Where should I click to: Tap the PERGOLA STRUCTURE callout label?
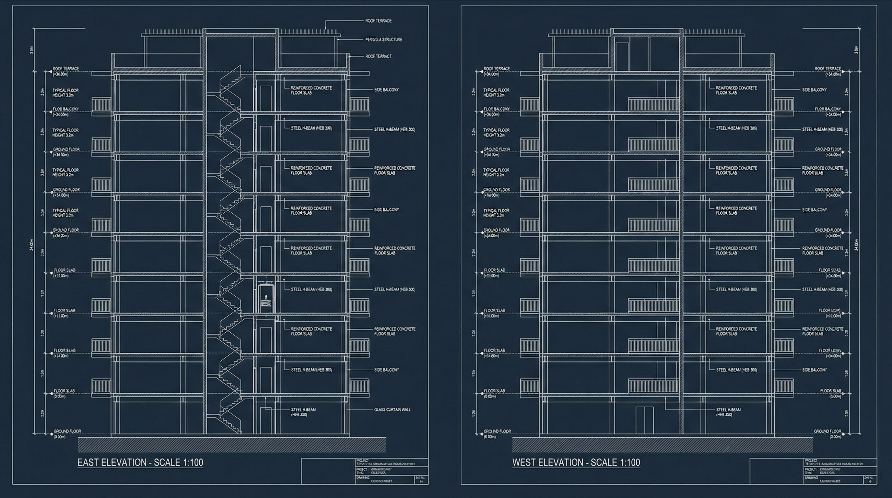[x=384, y=40]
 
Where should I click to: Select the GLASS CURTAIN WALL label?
[x=392, y=410]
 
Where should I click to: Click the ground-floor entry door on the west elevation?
[x=644, y=420]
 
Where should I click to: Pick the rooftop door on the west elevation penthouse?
[x=622, y=57]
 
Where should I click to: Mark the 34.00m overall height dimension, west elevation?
[x=856, y=245]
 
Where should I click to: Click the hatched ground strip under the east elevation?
[x=232, y=445]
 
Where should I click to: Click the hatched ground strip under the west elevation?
[x=663, y=445]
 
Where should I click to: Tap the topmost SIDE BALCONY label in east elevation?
[x=386, y=90]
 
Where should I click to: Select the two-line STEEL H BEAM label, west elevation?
[x=728, y=412]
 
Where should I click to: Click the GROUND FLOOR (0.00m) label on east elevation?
[x=67, y=433]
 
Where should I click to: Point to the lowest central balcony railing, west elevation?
[x=653, y=386]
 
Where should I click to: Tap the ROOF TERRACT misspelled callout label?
[x=378, y=56]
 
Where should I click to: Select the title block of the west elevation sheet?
[x=813, y=471]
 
